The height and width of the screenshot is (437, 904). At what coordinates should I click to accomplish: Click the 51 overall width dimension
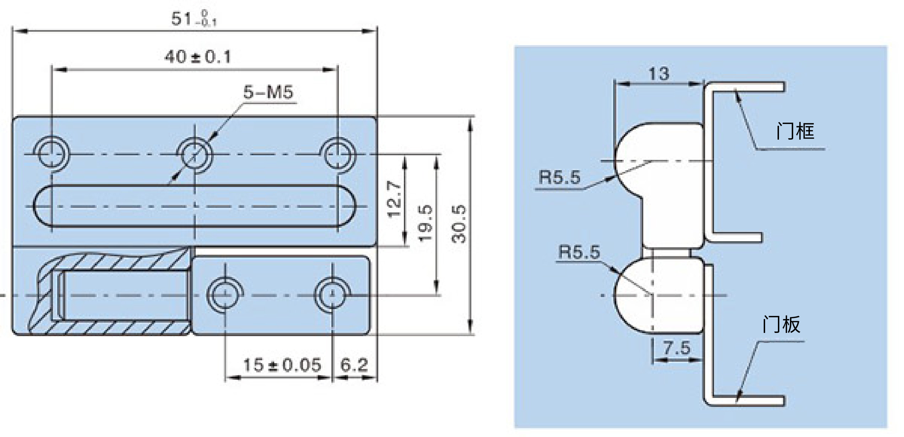click(x=194, y=18)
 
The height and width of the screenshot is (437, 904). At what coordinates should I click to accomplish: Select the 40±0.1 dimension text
click(x=197, y=57)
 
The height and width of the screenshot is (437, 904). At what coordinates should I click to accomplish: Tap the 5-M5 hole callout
click(x=268, y=92)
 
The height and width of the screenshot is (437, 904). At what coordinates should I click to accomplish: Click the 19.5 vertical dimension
click(x=425, y=223)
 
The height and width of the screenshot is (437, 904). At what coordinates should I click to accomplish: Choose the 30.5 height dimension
click(x=458, y=224)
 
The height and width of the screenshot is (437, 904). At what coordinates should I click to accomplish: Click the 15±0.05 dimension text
click(x=282, y=365)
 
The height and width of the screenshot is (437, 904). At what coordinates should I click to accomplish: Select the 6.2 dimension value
click(x=354, y=365)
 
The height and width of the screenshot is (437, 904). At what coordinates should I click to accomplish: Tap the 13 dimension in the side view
click(x=659, y=74)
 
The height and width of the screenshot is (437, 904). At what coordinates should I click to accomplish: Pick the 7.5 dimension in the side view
click(x=677, y=347)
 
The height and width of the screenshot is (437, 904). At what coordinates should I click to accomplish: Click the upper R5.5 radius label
click(x=559, y=177)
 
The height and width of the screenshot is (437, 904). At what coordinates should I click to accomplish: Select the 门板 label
click(x=781, y=324)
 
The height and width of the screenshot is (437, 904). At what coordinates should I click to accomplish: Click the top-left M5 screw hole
click(x=52, y=154)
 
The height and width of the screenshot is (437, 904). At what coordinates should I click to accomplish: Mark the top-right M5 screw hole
click(x=338, y=154)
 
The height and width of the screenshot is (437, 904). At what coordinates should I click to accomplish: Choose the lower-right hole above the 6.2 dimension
click(x=332, y=295)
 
